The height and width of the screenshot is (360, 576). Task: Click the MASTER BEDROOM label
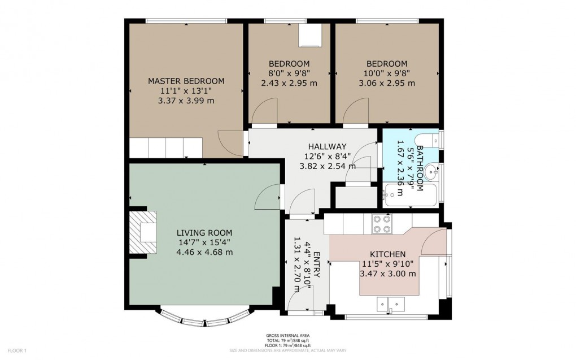[x=186, y=81]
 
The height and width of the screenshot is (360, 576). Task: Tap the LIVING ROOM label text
[x=204, y=232]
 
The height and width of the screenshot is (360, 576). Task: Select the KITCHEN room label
[x=387, y=254]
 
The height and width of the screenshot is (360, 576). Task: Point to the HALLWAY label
[x=327, y=146]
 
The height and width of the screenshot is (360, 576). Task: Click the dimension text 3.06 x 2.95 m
[x=387, y=83]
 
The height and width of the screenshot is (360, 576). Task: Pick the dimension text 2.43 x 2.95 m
[x=289, y=83]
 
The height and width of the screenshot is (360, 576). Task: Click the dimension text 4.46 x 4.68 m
[x=204, y=252]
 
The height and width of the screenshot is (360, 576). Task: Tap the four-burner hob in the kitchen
[x=382, y=224]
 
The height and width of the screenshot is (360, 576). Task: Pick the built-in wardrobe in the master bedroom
[x=165, y=148]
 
